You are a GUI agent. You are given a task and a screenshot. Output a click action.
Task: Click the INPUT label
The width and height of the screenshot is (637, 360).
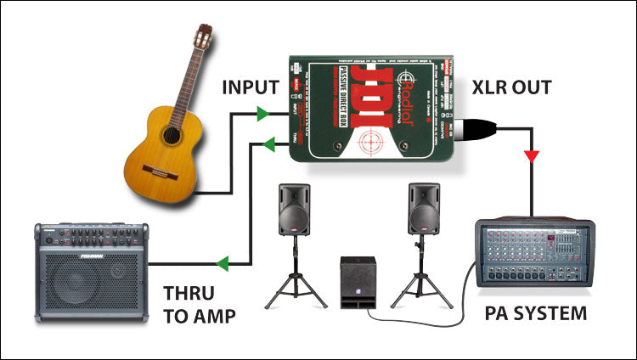tap(251, 87)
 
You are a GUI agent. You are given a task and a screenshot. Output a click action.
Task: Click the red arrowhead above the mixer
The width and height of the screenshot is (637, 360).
tap(531, 157)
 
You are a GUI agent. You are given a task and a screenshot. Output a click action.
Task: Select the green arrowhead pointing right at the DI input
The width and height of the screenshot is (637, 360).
tap(264, 111)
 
